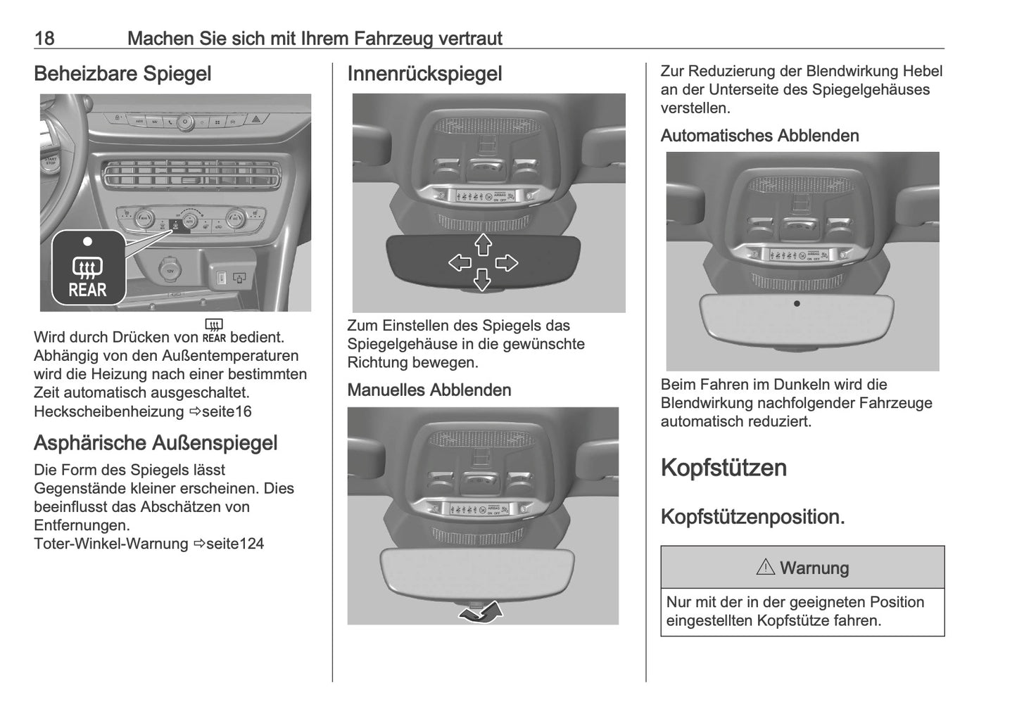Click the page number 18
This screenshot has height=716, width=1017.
[44, 38]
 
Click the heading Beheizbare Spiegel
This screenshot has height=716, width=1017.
[122, 74]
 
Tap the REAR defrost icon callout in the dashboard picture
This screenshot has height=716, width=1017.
[88, 268]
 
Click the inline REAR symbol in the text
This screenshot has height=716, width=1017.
[214, 331]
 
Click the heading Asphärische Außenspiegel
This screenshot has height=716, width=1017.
[156, 443]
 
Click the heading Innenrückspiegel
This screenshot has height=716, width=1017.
[424, 74]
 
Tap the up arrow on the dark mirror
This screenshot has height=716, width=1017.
[483, 245]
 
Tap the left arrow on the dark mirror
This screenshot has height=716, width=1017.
[460, 263]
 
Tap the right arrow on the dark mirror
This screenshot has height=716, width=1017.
[506, 263]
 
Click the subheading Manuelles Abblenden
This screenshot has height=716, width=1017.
[429, 390]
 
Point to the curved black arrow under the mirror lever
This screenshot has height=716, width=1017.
[481, 612]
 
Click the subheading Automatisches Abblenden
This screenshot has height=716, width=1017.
[759, 136]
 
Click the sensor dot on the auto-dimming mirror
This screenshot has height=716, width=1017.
[797, 304]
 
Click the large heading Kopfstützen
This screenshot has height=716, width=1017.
[724, 468]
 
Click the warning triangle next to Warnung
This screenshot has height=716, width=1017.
[765, 567]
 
